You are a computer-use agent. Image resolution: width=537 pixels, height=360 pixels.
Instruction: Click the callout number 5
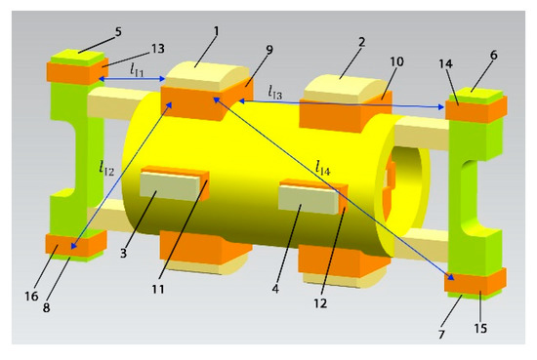coord(118,32)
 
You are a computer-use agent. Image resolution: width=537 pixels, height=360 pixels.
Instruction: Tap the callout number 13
coord(158,49)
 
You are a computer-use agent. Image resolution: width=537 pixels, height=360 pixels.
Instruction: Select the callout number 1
coord(216,31)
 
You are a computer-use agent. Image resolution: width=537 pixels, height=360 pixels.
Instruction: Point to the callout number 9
coord(269,50)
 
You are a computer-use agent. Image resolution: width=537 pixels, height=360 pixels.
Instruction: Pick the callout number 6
coord(493,55)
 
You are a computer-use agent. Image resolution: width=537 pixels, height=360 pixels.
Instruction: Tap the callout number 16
coord(31,296)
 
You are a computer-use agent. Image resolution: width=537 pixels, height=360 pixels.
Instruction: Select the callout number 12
coord(320,303)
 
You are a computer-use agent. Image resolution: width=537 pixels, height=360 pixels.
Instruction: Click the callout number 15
coord(480,328)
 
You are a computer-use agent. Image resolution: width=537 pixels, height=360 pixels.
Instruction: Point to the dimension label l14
coord(323,169)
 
